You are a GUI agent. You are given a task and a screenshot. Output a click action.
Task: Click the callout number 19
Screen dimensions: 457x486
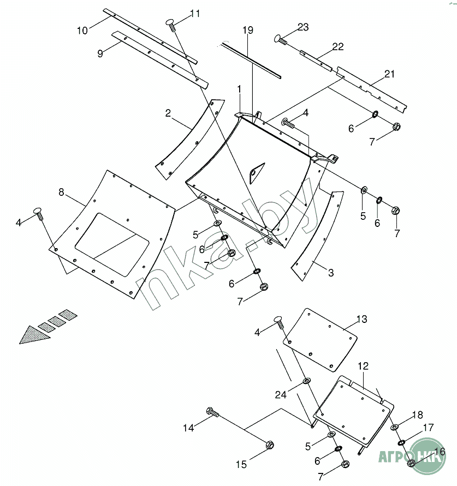(x=248, y=31)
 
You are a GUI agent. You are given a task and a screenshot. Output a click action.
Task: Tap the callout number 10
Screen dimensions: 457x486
(x=82, y=31)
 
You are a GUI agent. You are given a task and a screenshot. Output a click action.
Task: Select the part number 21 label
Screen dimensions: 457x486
(x=389, y=74)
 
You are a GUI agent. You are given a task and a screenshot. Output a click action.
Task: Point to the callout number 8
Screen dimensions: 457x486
(x=61, y=192)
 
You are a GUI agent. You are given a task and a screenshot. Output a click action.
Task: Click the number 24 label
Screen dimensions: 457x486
(x=281, y=394)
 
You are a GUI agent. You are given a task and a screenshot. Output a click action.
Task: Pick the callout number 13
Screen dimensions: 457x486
(x=362, y=319)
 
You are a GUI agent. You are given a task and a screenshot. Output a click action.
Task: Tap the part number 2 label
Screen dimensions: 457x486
(x=169, y=113)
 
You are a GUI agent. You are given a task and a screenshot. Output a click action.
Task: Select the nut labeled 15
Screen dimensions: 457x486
(x=269, y=445)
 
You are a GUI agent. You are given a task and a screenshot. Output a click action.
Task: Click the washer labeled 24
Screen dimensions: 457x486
(x=306, y=380)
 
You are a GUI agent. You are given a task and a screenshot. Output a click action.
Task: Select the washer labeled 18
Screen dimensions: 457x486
(x=394, y=427)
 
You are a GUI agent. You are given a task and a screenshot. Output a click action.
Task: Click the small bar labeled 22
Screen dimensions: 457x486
(x=316, y=59)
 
